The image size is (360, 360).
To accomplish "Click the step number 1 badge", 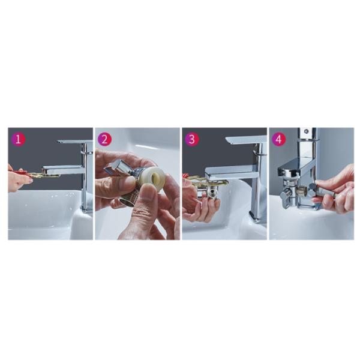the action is [x=18, y=139].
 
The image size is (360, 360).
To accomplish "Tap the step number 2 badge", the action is [x=104, y=139].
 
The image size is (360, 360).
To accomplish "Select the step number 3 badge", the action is [x=192, y=139].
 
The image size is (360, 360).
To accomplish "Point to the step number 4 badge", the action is [x=279, y=139].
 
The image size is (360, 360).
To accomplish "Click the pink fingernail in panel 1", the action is [x=31, y=181].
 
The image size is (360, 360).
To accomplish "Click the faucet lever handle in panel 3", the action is [x=247, y=140].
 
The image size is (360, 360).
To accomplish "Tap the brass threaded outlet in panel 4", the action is [x=301, y=190].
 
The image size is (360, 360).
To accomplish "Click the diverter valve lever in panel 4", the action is [x=284, y=197].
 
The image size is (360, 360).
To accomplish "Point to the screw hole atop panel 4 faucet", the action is [x=306, y=131].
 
